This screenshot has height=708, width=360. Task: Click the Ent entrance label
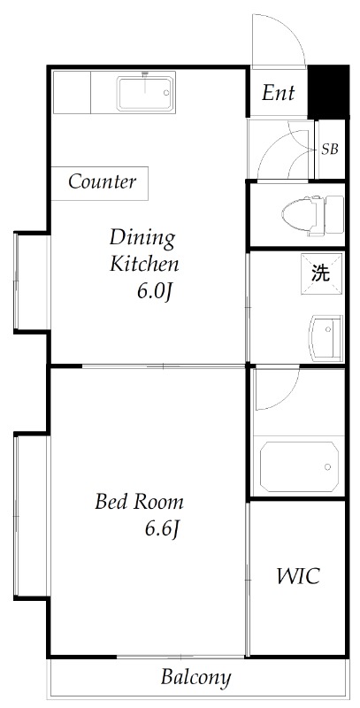coord(278,93)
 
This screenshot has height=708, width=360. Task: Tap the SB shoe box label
coord(329,149)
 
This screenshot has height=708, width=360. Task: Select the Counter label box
coord(102,182)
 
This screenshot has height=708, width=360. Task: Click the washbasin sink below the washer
coord(324,337)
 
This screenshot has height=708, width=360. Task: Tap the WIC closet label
coord(297,577)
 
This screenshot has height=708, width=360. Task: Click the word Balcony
coord(195,679)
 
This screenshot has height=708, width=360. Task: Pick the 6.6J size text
coord(164,529)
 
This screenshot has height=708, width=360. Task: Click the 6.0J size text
coord(152,291)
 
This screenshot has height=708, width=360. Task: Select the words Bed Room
coord(139,503)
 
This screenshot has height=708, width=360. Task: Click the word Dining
coord(142,237)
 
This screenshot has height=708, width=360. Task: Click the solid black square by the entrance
coord(326,90)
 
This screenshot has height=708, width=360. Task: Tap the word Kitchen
coord(144,264)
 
